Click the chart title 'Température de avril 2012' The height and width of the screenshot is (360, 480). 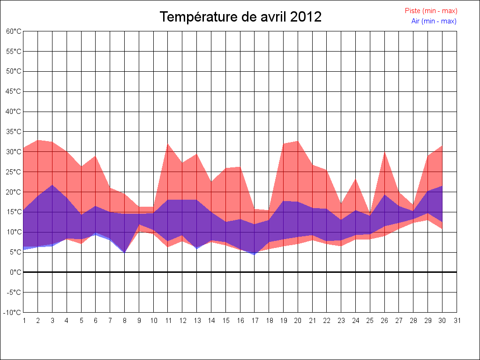(240, 17)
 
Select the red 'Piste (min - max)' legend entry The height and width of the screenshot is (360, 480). (431, 11)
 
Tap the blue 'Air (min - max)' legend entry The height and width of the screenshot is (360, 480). (434, 21)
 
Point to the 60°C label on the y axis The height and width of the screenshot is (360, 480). (14, 31)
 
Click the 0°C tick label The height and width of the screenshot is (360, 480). (15, 272)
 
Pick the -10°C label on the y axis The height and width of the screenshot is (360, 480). (13, 312)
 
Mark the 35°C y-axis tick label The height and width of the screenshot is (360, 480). (14, 132)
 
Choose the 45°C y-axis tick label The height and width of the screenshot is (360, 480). (14, 91)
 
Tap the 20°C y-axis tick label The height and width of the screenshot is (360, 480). (14, 192)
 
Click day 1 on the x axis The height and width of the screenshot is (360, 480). (23, 321)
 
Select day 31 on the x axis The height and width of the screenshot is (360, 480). (457, 321)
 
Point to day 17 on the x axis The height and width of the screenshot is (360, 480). (255, 321)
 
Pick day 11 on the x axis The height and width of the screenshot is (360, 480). (168, 321)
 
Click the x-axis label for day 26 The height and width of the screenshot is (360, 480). (384, 321)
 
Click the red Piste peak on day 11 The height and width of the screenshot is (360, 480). (168, 144)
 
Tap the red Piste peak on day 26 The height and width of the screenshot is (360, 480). (384, 152)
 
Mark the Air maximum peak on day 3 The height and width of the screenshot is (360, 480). (52, 185)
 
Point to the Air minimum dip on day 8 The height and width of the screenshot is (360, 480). (125, 252)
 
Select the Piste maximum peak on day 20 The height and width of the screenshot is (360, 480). (298, 141)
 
